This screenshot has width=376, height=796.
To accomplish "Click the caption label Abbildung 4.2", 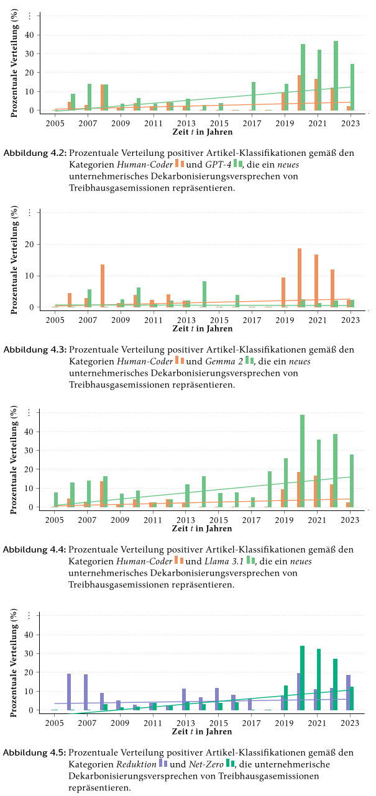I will pyautogui.click(x=35, y=152).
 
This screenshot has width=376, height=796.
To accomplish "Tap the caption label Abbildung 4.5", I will pyautogui.click(x=35, y=753).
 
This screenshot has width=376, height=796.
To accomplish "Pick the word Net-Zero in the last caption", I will pyautogui.click(x=207, y=765).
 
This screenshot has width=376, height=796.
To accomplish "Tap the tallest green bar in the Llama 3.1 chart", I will pyautogui.click(x=302, y=461).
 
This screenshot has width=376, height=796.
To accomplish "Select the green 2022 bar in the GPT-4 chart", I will pyautogui.click(x=336, y=76).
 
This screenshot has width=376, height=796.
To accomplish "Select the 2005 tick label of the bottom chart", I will pyautogui.click(x=55, y=723).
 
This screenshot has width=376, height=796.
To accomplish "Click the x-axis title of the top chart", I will pyautogui.click(x=203, y=132).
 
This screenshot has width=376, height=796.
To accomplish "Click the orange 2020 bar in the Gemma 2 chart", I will pyautogui.click(x=300, y=278).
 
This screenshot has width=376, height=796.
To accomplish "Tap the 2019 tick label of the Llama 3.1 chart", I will pyautogui.click(x=284, y=520).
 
